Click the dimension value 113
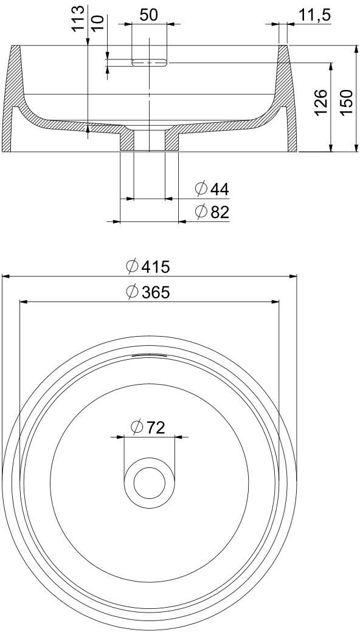(x=78, y=18)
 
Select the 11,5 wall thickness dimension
(x=315, y=15)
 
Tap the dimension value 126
(x=321, y=102)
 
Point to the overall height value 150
(x=346, y=102)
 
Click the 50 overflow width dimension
(x=149, y=15)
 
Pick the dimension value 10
(x=98, y=23)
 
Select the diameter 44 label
(x=212, y=188)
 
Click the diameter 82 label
(x=212, y=211)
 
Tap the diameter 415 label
(x=148, y=266)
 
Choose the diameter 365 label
(x=148, y=292)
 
